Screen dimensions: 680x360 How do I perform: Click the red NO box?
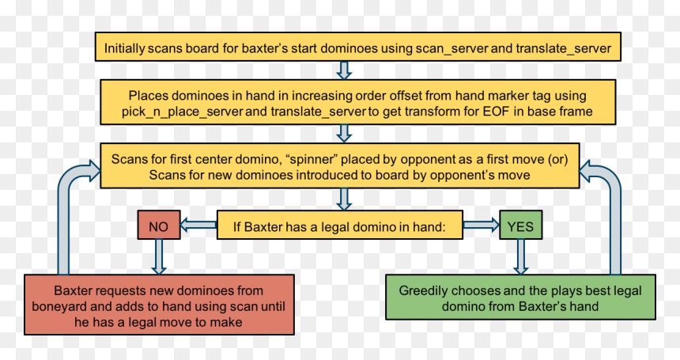point(159,225)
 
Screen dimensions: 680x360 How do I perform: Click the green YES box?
point(520,225)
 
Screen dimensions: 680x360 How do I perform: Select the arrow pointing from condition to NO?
point(198,225)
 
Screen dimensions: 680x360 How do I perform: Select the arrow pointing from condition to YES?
point(482,225)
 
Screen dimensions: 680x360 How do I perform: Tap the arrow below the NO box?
point(159,257)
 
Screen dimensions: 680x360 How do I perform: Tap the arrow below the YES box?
point(521,257)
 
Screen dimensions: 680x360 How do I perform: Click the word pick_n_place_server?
point(182,112)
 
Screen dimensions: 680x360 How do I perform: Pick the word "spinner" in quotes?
point(311,159)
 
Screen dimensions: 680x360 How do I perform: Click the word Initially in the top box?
point(124,48)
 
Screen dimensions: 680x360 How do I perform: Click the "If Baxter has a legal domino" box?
point(340,225)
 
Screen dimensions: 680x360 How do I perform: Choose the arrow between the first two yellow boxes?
point(344,70)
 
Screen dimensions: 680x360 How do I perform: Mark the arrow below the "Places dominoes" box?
point(344,134)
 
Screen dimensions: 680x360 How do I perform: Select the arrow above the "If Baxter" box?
point(344,199)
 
